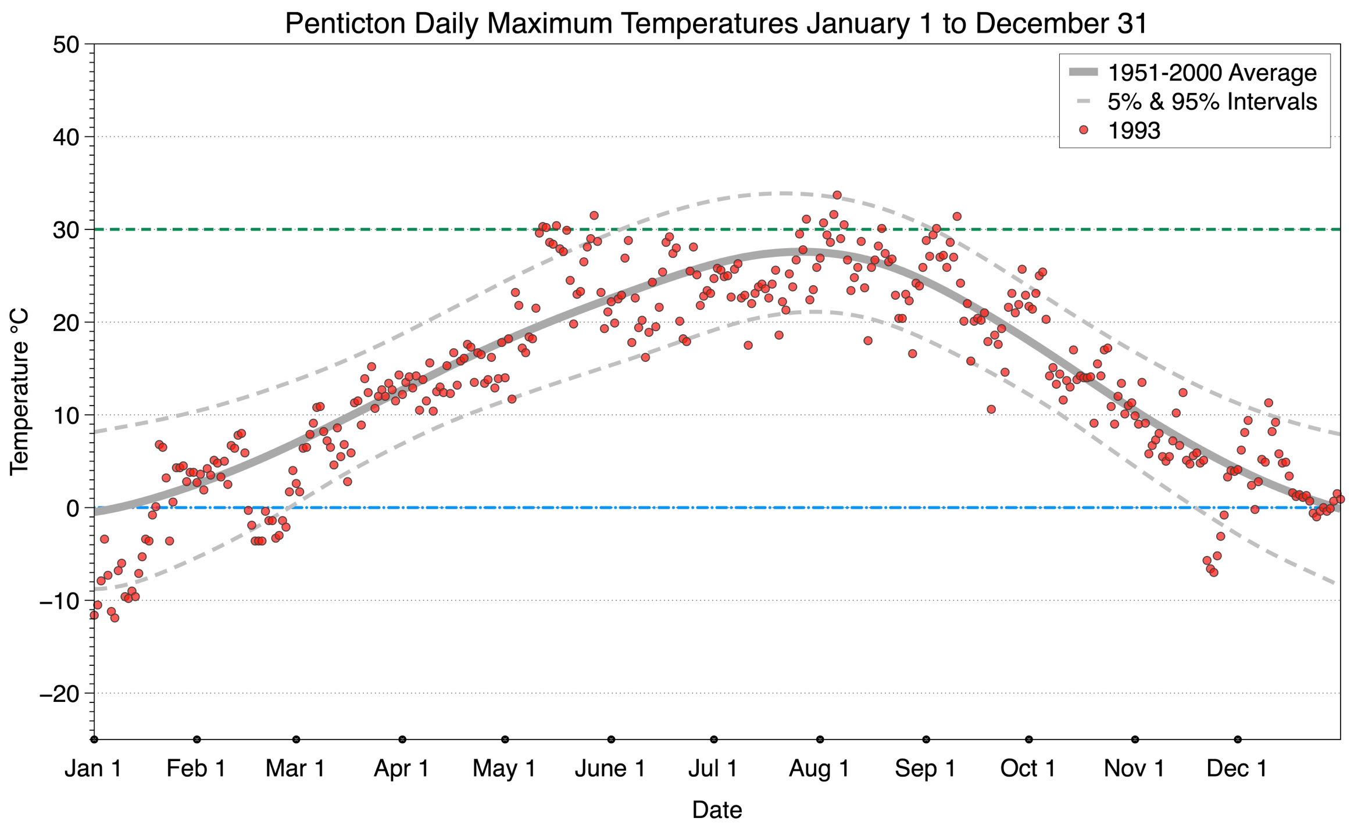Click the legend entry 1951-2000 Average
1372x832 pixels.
(x=1212, y=73)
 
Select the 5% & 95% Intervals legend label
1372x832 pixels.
(x=1212, y=102)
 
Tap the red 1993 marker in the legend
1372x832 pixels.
(x=1083, y=130)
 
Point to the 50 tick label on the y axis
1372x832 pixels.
(x=66, y=45)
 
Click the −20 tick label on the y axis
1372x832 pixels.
(x=59, y=694)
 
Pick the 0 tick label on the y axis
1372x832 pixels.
(x=73, y=508)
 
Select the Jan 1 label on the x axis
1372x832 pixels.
(x=93, y=769)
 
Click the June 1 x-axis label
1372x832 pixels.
(x=610, y=769)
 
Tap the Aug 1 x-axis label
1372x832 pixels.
(x=819, y=769)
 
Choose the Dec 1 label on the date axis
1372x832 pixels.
(x=1237, y=769)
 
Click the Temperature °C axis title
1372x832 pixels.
(x=19, y=392)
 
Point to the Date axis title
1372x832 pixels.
(x=717, y=810)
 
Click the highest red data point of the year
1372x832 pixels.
(x=837, y=195)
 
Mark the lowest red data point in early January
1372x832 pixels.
(x=115, y=618)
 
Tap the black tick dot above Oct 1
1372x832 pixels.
(x=1029, y=740)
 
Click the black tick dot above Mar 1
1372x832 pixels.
(x=296, y=740)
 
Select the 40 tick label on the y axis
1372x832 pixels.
(x=66, y=137)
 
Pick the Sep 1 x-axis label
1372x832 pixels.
(x=926, y=769)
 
